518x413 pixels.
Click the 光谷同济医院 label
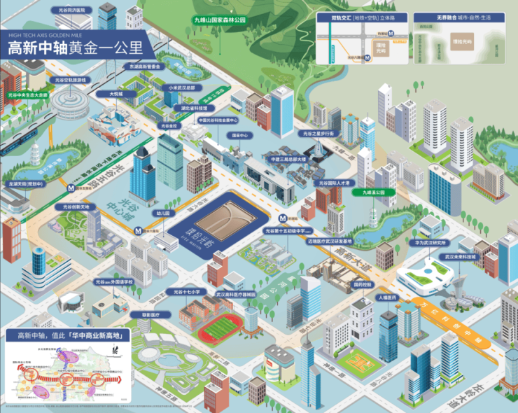[x=72, y=11]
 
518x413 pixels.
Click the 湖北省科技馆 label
[x=195, y=108]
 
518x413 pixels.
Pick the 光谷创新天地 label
[x=76, y=207]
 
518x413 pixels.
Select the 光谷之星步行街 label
[x=318, y=132]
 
